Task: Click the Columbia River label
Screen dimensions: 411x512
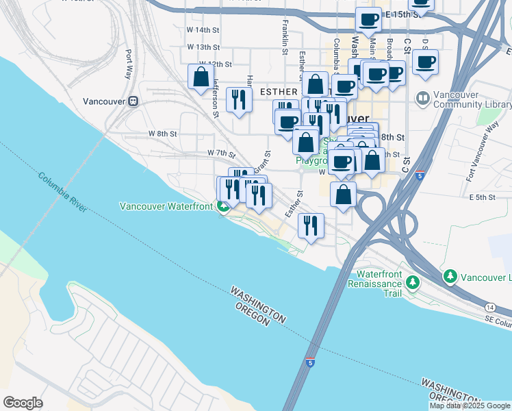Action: [62, 191]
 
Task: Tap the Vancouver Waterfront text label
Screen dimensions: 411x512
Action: [167, 206]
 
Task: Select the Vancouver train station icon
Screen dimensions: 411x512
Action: [133, 101]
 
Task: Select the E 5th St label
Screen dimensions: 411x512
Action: [482, 197]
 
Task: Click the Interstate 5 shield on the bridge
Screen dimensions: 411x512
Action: [311, 362]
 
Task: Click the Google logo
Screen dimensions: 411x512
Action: [23, 403]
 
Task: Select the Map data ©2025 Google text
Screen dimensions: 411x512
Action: [470, 406]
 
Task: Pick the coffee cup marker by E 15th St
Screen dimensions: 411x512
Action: [368, 20]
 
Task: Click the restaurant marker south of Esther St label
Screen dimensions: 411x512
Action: [311, 225]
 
